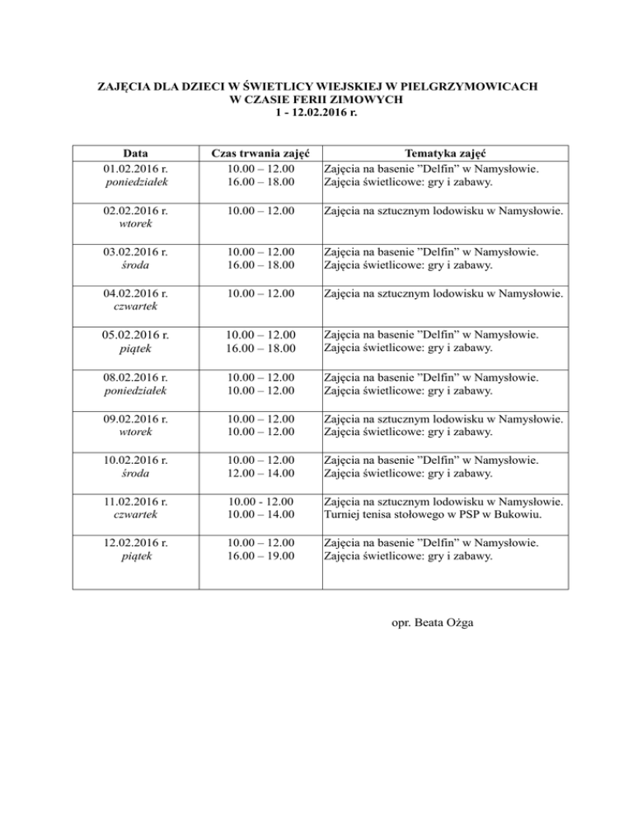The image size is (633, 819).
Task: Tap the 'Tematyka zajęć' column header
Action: pos(446,154)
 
